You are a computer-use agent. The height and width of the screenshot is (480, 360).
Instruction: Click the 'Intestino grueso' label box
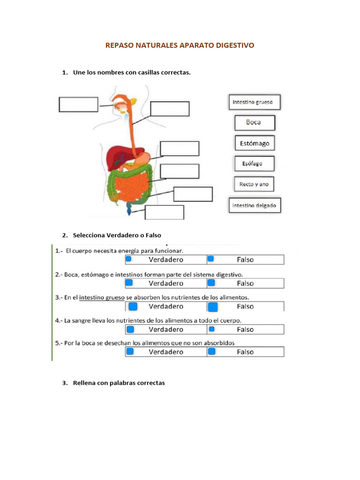255,102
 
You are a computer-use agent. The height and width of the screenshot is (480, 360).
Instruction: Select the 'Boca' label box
255,123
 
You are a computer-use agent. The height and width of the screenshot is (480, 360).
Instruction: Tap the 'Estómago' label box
255,143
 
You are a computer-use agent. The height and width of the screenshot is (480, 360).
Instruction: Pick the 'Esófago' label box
255,164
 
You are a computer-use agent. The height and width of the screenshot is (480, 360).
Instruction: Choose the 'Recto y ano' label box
254,184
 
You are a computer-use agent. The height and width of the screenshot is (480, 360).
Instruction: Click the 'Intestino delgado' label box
255,205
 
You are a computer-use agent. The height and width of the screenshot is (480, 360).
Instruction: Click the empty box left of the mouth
78,104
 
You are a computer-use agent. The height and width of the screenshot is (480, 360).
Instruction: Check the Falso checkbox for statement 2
211,283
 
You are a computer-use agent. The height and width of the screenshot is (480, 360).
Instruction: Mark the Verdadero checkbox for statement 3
133,307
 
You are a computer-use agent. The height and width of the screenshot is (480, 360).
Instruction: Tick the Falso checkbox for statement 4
211,329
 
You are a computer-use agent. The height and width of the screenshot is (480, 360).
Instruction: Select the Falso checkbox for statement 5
212,352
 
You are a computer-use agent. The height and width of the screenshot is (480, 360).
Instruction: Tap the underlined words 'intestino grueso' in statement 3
99,297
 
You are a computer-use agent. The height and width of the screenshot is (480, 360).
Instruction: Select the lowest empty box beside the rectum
164,212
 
